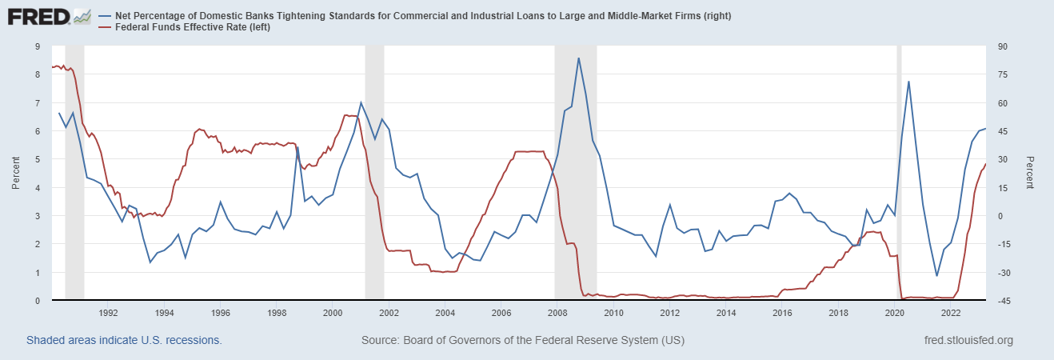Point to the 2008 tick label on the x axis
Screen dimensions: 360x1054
coord(557,313)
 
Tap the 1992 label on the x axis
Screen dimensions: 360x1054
coord(109,313)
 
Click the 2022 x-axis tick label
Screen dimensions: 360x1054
coord(951,313)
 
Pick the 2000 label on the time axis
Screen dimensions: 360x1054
coord(333,313)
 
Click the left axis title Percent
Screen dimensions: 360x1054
coord(15,174)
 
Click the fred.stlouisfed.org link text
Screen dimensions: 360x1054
coord(968,341)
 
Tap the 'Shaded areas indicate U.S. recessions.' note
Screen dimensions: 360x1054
coord(124,341)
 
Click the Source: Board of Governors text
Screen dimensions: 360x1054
coord(523,341)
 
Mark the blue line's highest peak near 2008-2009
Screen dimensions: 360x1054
coord(578,58)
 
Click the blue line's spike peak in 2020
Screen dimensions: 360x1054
coord(908,82)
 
